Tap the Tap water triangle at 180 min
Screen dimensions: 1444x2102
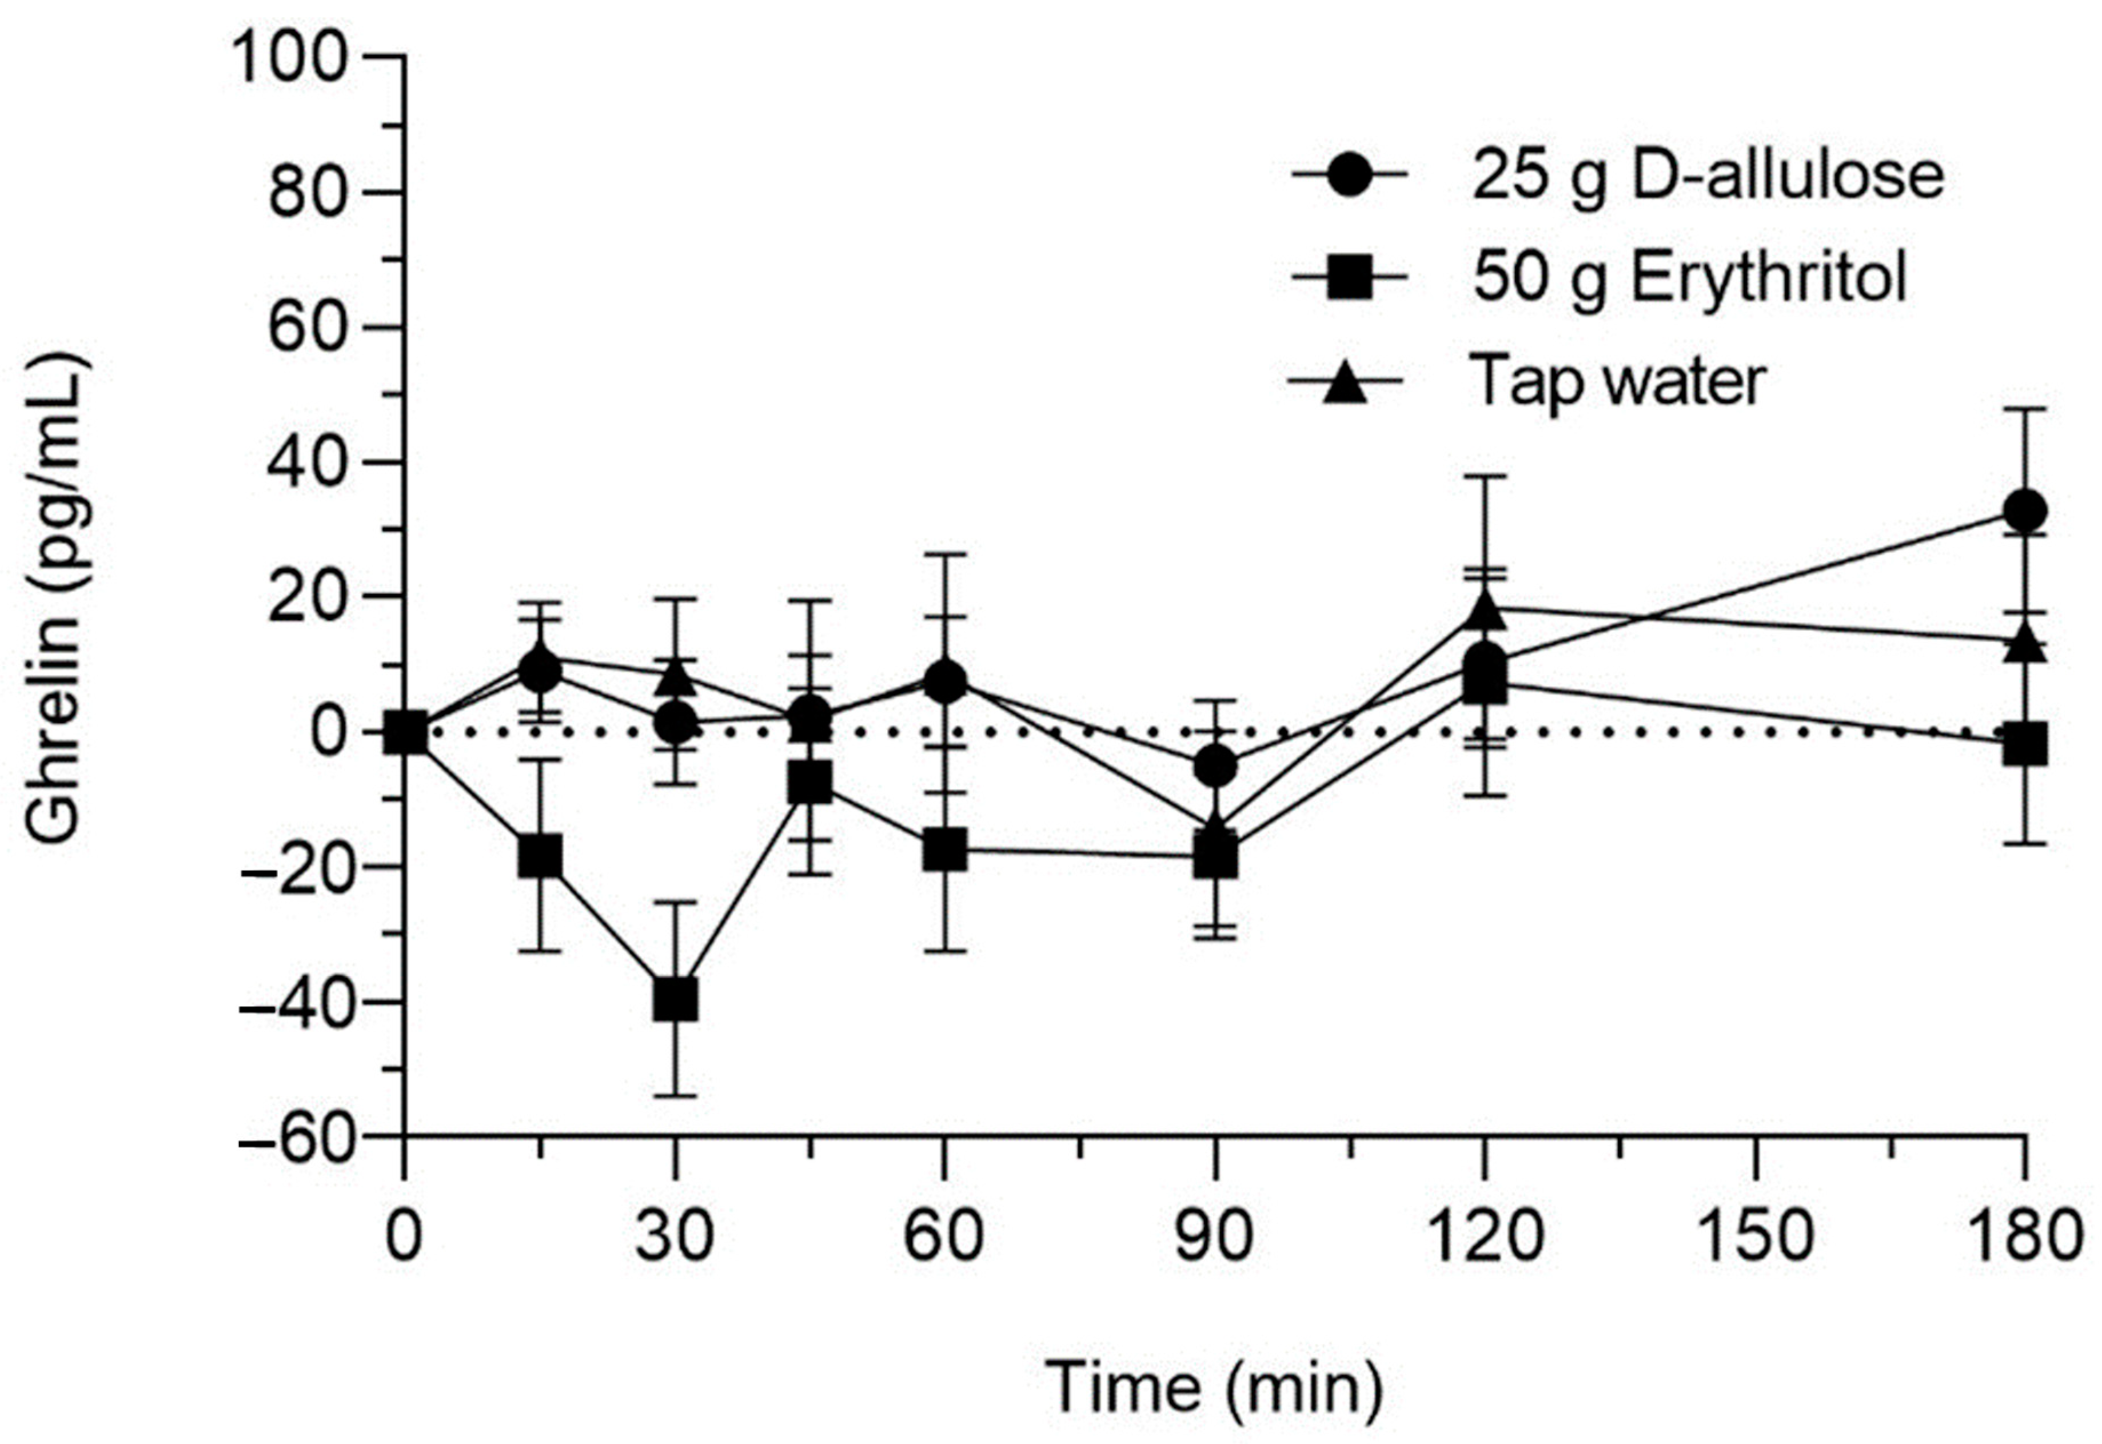pyautogui.click(x=2024, y=644)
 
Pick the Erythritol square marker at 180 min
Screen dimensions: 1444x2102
pyautogui.click(x=2024, y=745)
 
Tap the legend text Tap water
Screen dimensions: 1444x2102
pyautogui.click(x=1618, y=380)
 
